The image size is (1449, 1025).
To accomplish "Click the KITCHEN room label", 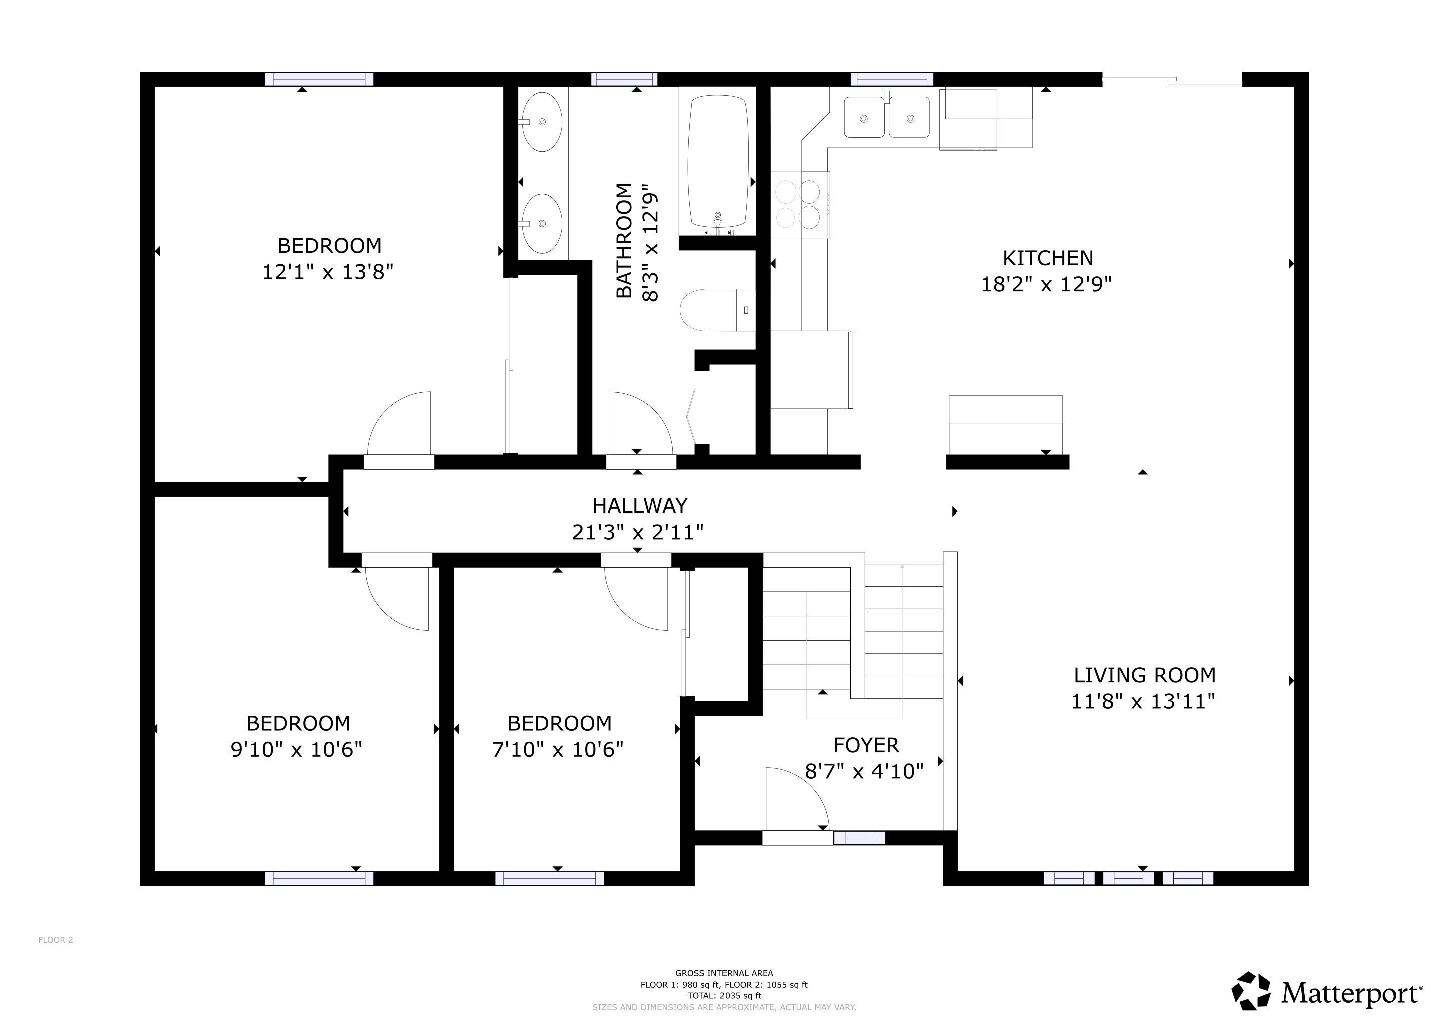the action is (x=1048, y=258).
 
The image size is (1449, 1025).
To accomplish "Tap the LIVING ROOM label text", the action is (x=1145, y=675).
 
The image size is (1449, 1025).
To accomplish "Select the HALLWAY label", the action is (x=639, y=505).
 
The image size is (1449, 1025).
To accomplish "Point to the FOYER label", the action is (x=866, y=745).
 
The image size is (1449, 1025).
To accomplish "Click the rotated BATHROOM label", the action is (x=623, y=240).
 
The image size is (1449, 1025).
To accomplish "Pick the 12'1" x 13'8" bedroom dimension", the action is (x=328, y=272).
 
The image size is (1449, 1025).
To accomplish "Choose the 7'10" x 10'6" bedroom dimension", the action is (x=558, y=750).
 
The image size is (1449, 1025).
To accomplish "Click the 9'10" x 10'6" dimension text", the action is (x=297, y=750).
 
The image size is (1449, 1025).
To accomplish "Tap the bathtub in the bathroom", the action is (x=718, y=162).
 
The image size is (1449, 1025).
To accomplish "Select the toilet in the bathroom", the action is (x=717, y=310).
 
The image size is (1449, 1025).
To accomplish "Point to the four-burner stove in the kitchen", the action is (x=800, y=205).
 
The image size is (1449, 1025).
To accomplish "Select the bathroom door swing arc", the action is (x=640, y=423).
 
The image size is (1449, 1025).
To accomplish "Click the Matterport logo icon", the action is (x=1251, y=991).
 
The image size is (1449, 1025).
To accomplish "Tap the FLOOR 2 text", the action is (x=56, y=940).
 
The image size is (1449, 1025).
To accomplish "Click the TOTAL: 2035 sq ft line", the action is (x=724, y=996).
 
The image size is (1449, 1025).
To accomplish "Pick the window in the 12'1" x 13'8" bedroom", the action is (x=319, y=79).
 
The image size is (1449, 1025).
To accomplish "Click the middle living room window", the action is (x=1128, y=878).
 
